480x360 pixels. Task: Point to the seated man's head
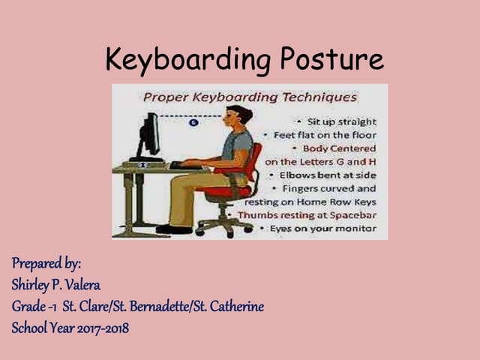point(239,116)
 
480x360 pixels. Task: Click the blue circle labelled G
point(194,122)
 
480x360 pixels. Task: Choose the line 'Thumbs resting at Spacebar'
point(307,214)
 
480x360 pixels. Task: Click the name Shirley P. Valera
point(55,285)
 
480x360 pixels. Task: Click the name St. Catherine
point(230,307)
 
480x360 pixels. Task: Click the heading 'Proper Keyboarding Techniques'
point(250,97)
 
